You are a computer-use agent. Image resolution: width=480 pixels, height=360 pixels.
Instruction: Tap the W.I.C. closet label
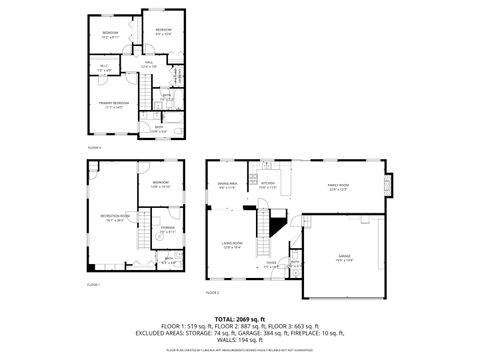(x=104, y=69)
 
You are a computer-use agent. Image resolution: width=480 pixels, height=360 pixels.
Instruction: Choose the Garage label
(x=345, y=257)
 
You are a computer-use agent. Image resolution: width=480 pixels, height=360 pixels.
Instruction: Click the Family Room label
(x=338, y=185)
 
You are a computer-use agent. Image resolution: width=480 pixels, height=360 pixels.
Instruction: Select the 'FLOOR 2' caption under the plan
(x=212, y=293)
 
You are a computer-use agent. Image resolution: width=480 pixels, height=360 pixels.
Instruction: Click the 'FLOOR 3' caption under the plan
(x=94, y=147)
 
